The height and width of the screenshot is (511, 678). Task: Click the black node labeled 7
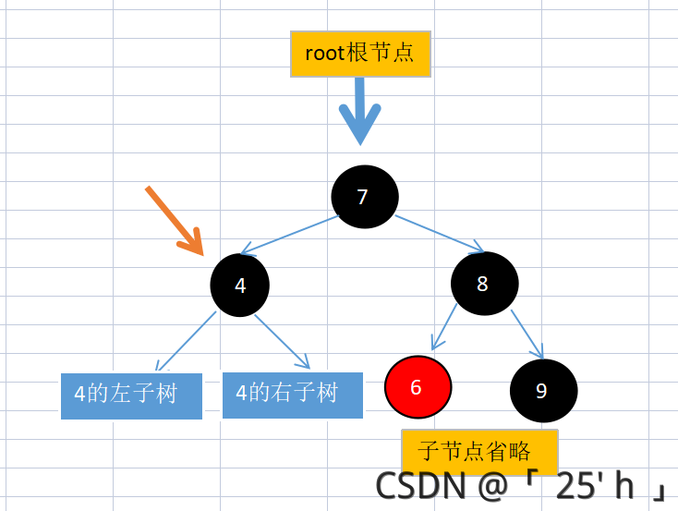[365, 196]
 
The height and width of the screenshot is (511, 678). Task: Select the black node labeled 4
[240, 285]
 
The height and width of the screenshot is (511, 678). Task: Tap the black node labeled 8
[484, 284]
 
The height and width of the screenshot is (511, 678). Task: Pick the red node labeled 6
[418, 387]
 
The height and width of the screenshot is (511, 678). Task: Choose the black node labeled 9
[543, 390]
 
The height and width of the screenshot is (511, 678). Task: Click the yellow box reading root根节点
[360, 54]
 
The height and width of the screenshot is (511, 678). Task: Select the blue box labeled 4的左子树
[131, 395]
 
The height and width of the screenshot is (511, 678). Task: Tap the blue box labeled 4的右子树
[292, 395]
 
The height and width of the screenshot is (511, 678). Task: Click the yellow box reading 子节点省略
[479, 451]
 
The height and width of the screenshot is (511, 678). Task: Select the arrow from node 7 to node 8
[440, 234]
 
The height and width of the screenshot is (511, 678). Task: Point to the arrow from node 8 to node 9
[527, 333]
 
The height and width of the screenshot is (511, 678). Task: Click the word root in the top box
[325, 53]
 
